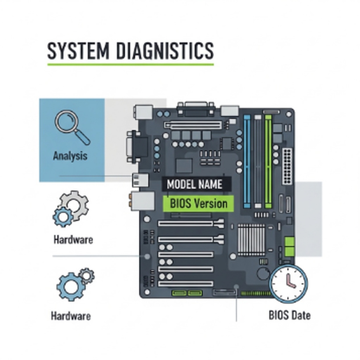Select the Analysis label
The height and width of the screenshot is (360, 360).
70,156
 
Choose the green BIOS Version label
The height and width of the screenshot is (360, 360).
199,204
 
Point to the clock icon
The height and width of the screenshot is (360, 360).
288,283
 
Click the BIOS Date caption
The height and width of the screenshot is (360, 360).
289,315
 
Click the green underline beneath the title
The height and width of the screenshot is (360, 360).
130,64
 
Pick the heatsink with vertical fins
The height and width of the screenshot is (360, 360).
251,239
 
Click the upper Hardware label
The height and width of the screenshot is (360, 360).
73,240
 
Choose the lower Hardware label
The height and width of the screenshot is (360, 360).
71,316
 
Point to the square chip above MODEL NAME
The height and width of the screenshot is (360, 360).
184,165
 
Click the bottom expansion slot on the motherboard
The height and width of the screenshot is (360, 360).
186,283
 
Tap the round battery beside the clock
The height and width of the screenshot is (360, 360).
263,273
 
